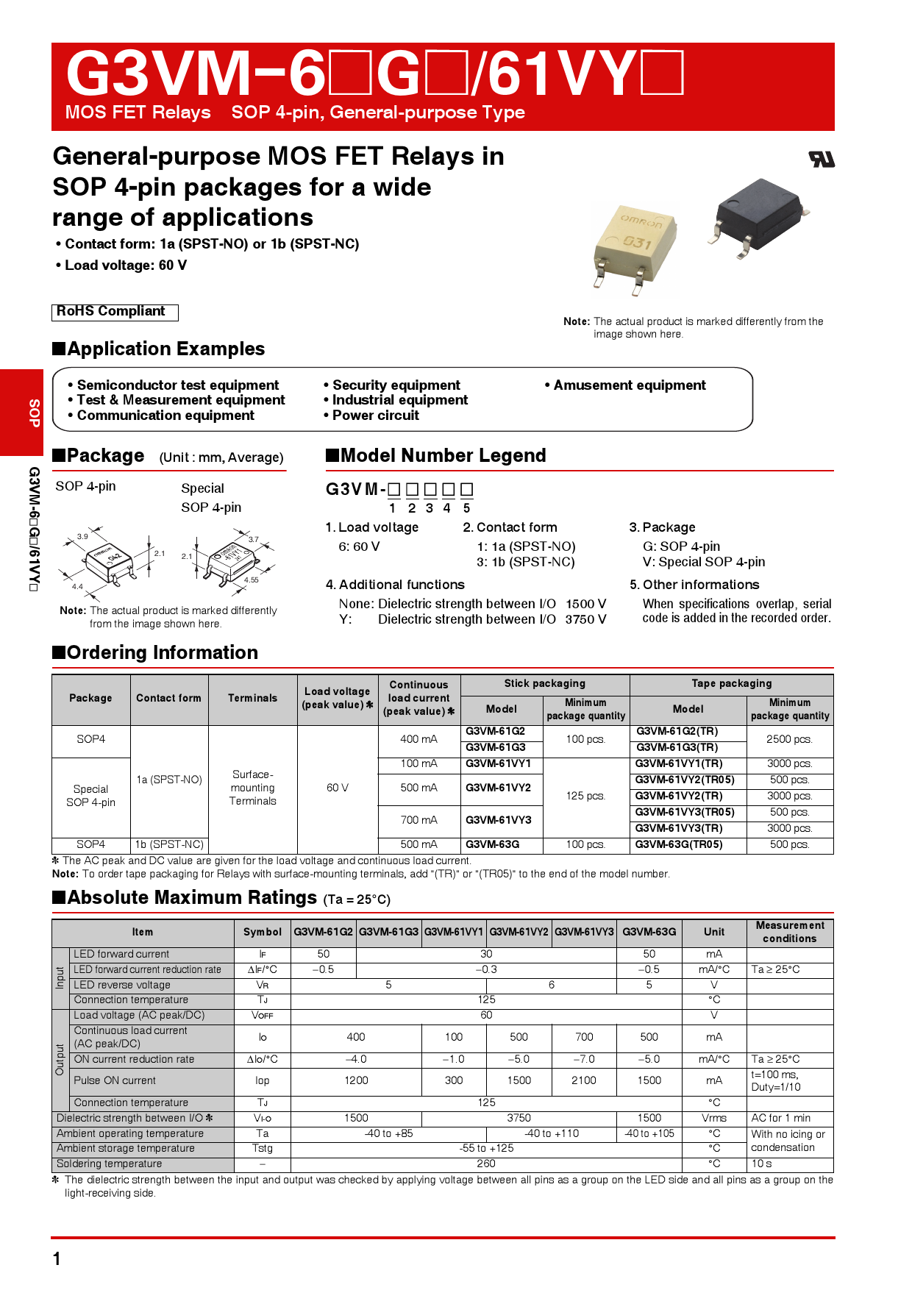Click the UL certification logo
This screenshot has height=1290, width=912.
(x=822, y=159)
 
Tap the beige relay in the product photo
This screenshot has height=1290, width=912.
(x=635, y=246)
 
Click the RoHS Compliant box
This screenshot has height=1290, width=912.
(x=115, y=312)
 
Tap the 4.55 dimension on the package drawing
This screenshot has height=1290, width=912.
(x=252, y=580)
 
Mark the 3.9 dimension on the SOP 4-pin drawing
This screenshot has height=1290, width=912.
(x=82, y=536)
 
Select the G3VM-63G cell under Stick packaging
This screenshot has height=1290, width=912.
(x=493, y=845)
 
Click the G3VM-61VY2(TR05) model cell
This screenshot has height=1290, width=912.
(x=685, y=780)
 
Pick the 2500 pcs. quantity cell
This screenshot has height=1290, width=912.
(x=789, y=739)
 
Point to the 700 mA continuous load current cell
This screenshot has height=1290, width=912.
(x=418, y=820)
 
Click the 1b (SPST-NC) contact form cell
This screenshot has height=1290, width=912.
(x=169, y=845)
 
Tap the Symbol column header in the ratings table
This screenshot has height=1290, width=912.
(x=263, y=933)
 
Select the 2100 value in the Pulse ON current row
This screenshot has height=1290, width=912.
(x=584, y=1080)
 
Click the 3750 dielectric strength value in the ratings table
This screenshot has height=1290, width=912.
(x=519, y=1118)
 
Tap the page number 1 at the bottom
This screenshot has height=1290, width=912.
(x=57, y=1259)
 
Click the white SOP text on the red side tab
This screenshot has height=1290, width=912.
(x=34, y=413)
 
